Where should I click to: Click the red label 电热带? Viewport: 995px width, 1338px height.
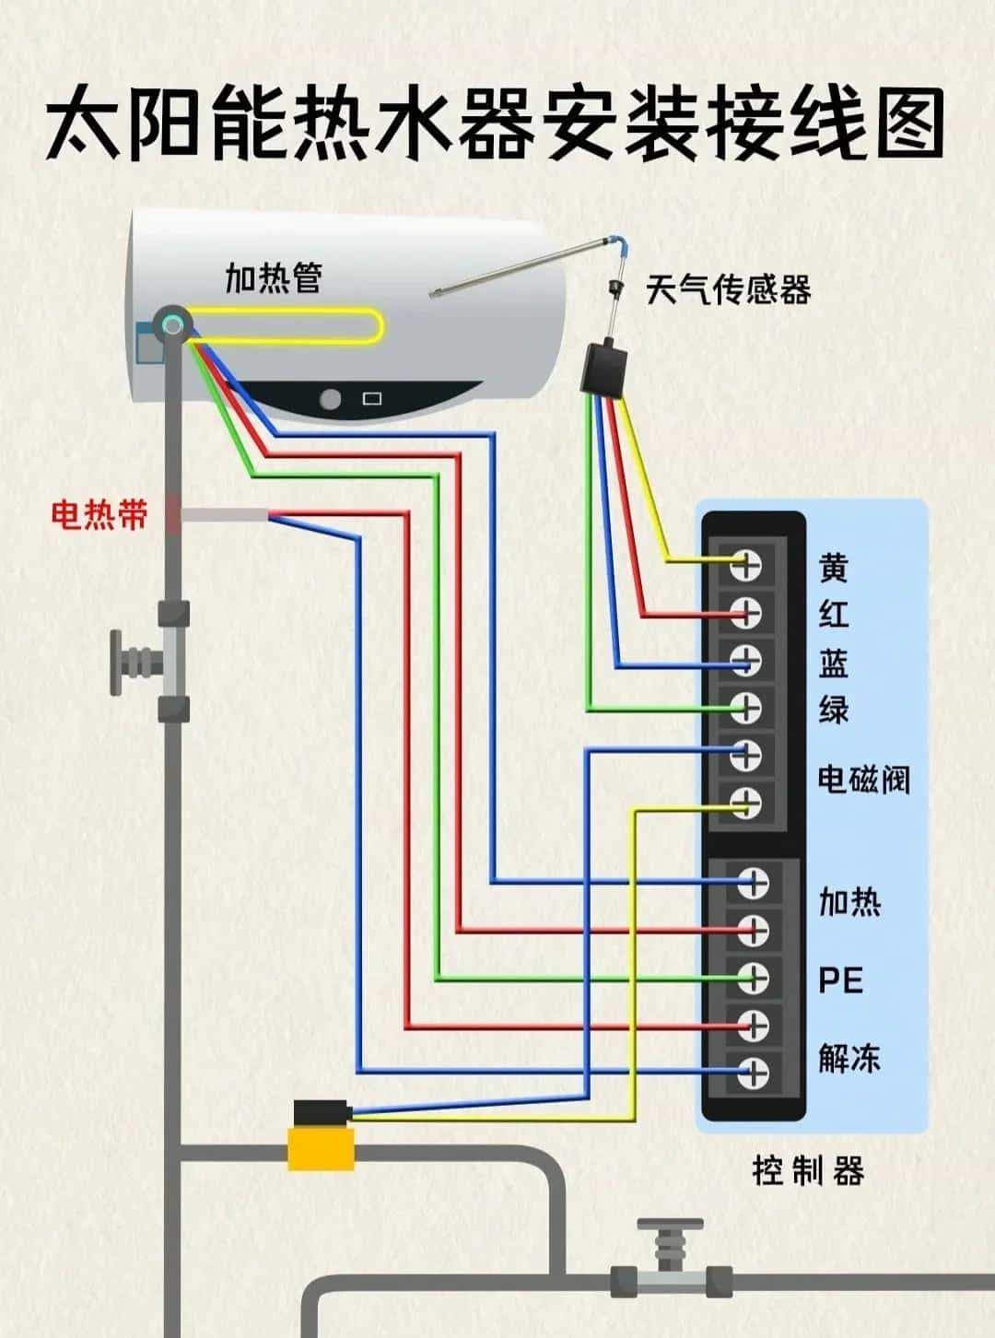point(99,514)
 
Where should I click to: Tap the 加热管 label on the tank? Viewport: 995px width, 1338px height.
point(274,276)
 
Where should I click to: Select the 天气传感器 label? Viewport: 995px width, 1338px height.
point(728,290)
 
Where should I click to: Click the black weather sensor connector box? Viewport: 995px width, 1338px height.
point(604,367)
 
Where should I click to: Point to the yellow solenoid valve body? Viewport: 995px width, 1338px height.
point(321,1148)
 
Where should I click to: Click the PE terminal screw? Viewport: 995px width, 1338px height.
point(753,976)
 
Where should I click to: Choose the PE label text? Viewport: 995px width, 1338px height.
point(840,980)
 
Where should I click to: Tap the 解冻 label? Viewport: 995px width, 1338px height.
point(849,1058)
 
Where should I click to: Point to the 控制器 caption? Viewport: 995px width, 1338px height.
point(808,1171)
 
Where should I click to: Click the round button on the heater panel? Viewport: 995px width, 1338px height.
point(330,400)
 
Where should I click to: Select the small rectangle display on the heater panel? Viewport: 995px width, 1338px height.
point(371,400)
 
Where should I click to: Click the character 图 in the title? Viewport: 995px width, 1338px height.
point(904,125)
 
